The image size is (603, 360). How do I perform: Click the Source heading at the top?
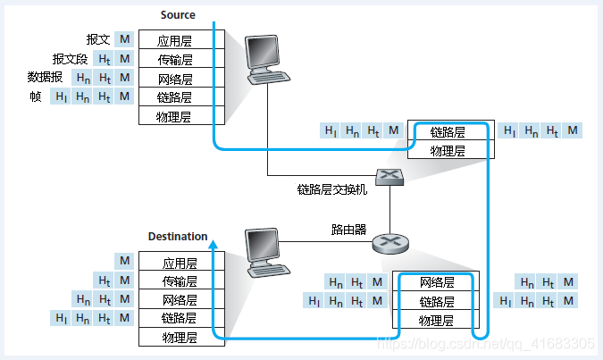coord(177,15)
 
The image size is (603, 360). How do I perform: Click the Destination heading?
coord(178,237)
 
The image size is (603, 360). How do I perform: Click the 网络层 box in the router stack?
coord(437,282)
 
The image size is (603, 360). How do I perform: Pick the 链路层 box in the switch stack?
coord(448,131)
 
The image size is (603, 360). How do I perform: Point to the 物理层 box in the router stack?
coord(437,321)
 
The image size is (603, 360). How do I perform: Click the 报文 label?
coord(97,40)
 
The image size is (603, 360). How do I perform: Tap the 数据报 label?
coord(45,78)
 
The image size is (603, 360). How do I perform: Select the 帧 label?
coord(36,96)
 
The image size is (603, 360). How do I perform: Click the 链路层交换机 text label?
coord(332,189)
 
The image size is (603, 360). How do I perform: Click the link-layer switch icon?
coord(390,177)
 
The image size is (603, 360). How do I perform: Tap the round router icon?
coord(389,241)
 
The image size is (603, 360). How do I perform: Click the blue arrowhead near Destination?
coord(213,240)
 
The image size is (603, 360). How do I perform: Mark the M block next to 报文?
coord(124,40)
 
